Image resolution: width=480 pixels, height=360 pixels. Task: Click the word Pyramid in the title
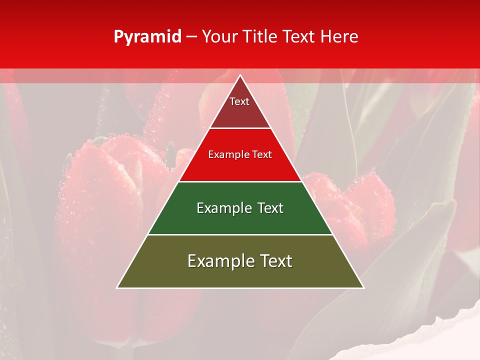147,37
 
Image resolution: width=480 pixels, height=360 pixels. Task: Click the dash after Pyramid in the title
191,37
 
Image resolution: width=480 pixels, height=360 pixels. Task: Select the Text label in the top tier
239,101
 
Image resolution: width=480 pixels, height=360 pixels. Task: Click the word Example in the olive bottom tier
219,261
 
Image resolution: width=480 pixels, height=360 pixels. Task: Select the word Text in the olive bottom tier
275,261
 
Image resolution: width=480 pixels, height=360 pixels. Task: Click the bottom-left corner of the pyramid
117,287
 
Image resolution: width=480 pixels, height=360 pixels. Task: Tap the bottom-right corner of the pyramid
363,287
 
